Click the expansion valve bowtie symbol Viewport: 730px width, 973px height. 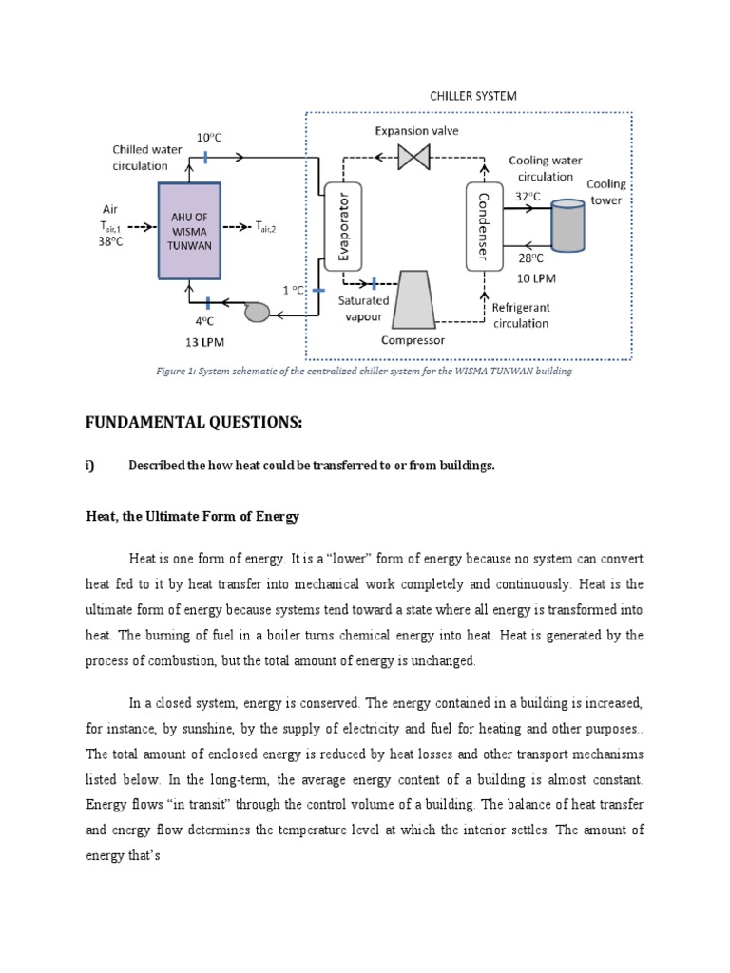(413, 157)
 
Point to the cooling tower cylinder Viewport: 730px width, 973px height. (567, 226)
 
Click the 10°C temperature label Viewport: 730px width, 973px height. (208, 138)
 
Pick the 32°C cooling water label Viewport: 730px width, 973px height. (528, 197)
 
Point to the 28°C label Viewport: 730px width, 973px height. (529, 258)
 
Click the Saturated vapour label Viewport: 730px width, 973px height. (365, 307)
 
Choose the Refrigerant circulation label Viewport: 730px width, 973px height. (520, 315)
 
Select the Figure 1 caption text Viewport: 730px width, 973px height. (364, 372)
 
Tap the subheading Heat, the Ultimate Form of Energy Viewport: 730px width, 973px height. (192, 516)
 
